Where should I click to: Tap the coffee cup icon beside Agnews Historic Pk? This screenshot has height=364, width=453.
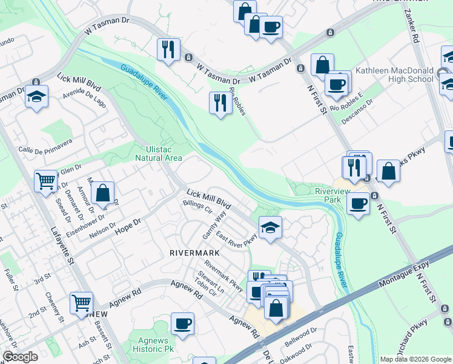[182, 323]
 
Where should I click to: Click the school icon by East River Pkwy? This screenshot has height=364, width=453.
[270, 227]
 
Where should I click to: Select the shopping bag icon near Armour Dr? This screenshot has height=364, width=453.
[103, 194]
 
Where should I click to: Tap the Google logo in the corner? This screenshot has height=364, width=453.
[20, 357]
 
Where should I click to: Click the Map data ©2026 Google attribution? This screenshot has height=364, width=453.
[415, 359]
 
